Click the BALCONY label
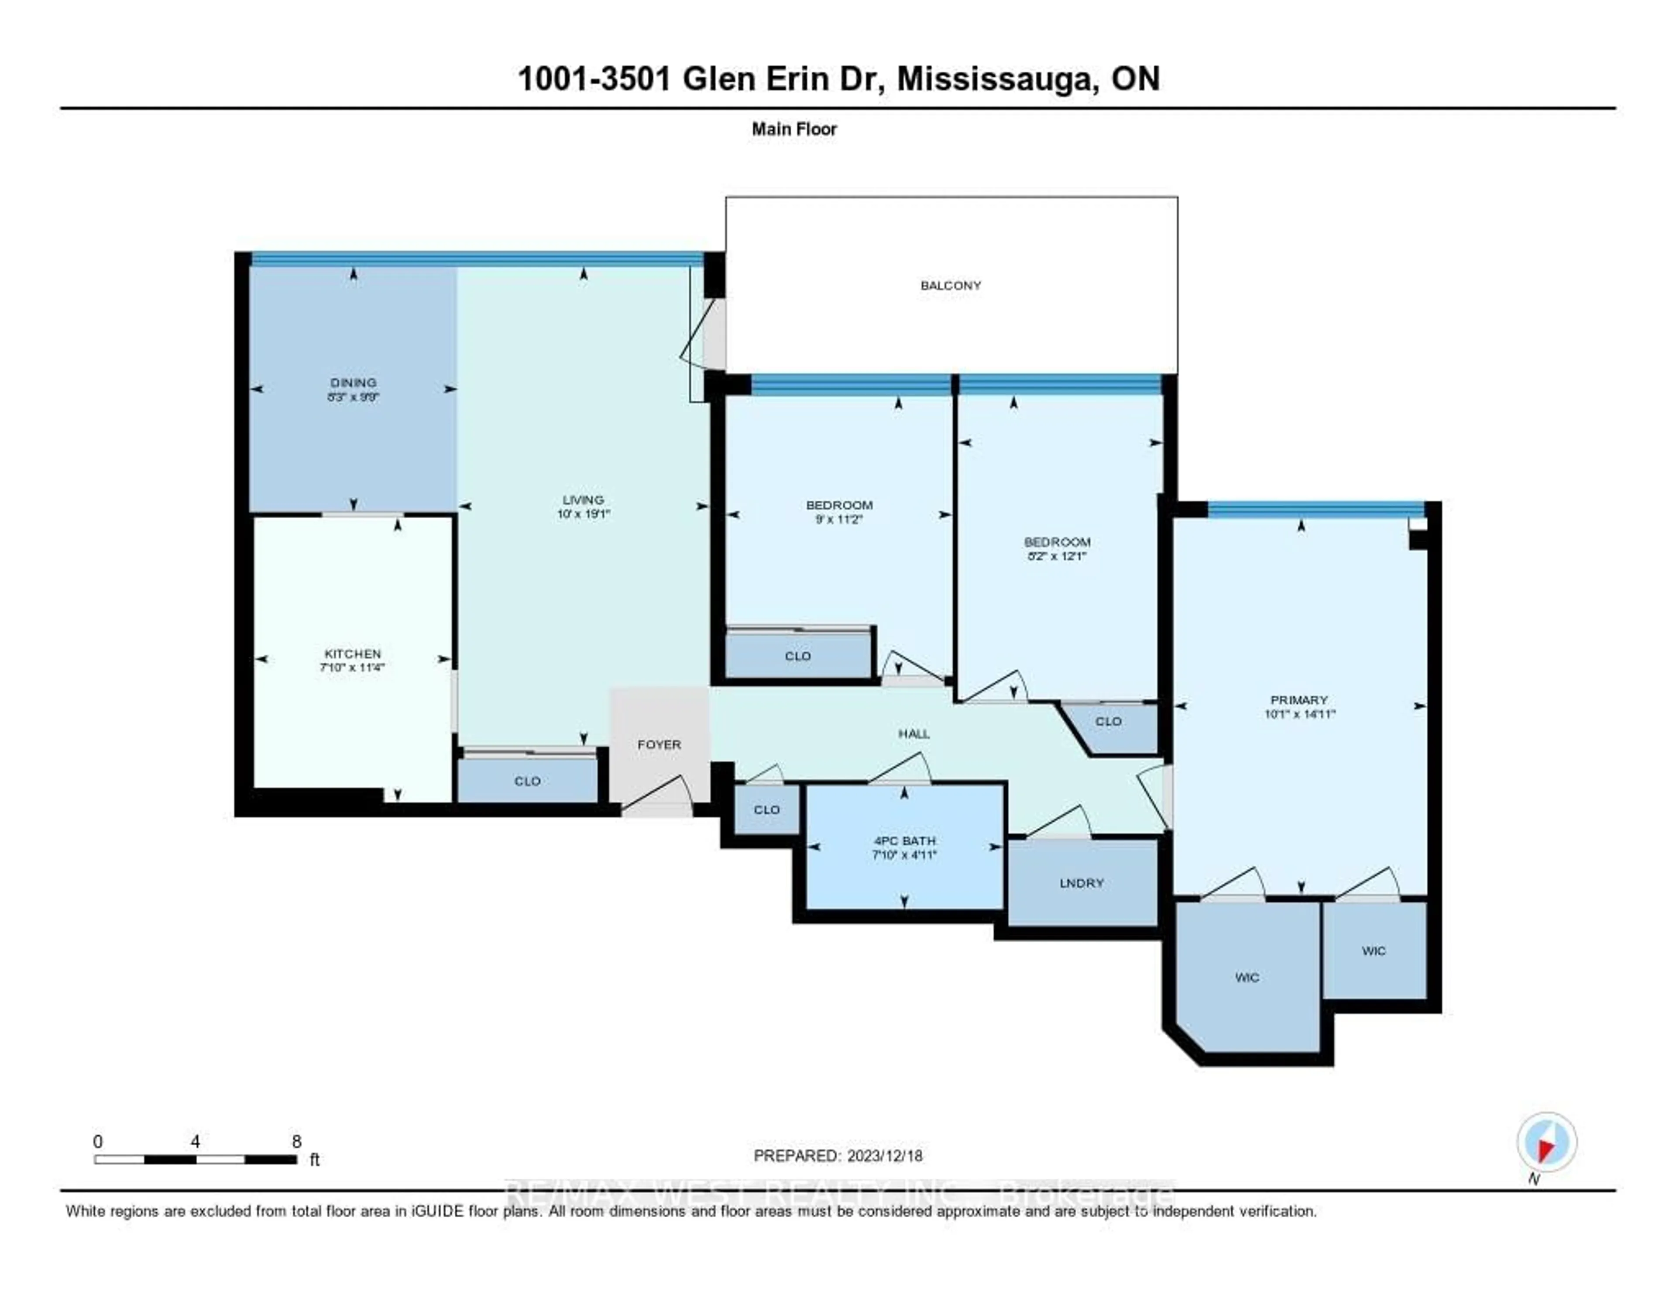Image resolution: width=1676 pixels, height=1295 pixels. (950, 286)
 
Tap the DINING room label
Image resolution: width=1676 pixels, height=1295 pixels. (353, 382)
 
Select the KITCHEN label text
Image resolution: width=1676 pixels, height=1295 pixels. (352, 653)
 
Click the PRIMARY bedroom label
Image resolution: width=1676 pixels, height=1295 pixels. (1298, 700)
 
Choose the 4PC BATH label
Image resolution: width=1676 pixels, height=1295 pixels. (904, 840)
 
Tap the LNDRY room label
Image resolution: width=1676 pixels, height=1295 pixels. (1081, 883)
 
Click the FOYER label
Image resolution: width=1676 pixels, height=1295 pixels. (659, 744)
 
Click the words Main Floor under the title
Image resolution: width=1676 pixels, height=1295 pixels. (793, 129)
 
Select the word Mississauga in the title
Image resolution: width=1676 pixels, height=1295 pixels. (995, 79)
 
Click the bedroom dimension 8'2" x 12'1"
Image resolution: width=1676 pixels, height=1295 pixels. (1057, 556)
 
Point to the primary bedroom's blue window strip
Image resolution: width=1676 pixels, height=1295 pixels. (1315, 509)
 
